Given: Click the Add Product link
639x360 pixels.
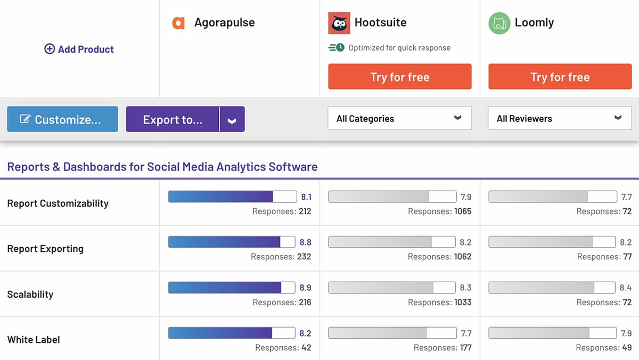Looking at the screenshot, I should point(79,49).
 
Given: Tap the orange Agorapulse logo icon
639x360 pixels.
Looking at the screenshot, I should point(178,23).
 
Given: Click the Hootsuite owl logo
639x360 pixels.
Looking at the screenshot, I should point(339,23).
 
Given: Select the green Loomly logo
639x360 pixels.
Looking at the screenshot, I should point(499,23).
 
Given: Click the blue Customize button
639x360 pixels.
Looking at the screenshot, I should point(62,119).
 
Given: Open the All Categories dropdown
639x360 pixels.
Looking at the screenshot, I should point(399,118).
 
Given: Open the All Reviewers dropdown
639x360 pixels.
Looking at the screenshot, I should point(560,118).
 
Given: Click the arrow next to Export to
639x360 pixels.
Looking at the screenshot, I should point(232,120).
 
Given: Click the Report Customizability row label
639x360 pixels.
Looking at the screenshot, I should point(58,203).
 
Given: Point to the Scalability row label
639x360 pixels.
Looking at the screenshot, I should point(30,294).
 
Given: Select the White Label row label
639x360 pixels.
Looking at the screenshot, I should point(34,339).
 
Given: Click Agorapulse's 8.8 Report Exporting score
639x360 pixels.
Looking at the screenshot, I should point(305,242).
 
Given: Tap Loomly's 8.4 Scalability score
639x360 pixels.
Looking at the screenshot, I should point(626,288).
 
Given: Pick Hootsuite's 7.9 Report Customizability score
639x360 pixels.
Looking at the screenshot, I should point(465,197).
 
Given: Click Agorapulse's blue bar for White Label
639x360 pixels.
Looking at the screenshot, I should point(232,333).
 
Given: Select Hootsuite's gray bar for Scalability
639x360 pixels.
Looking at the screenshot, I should point(391,288).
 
